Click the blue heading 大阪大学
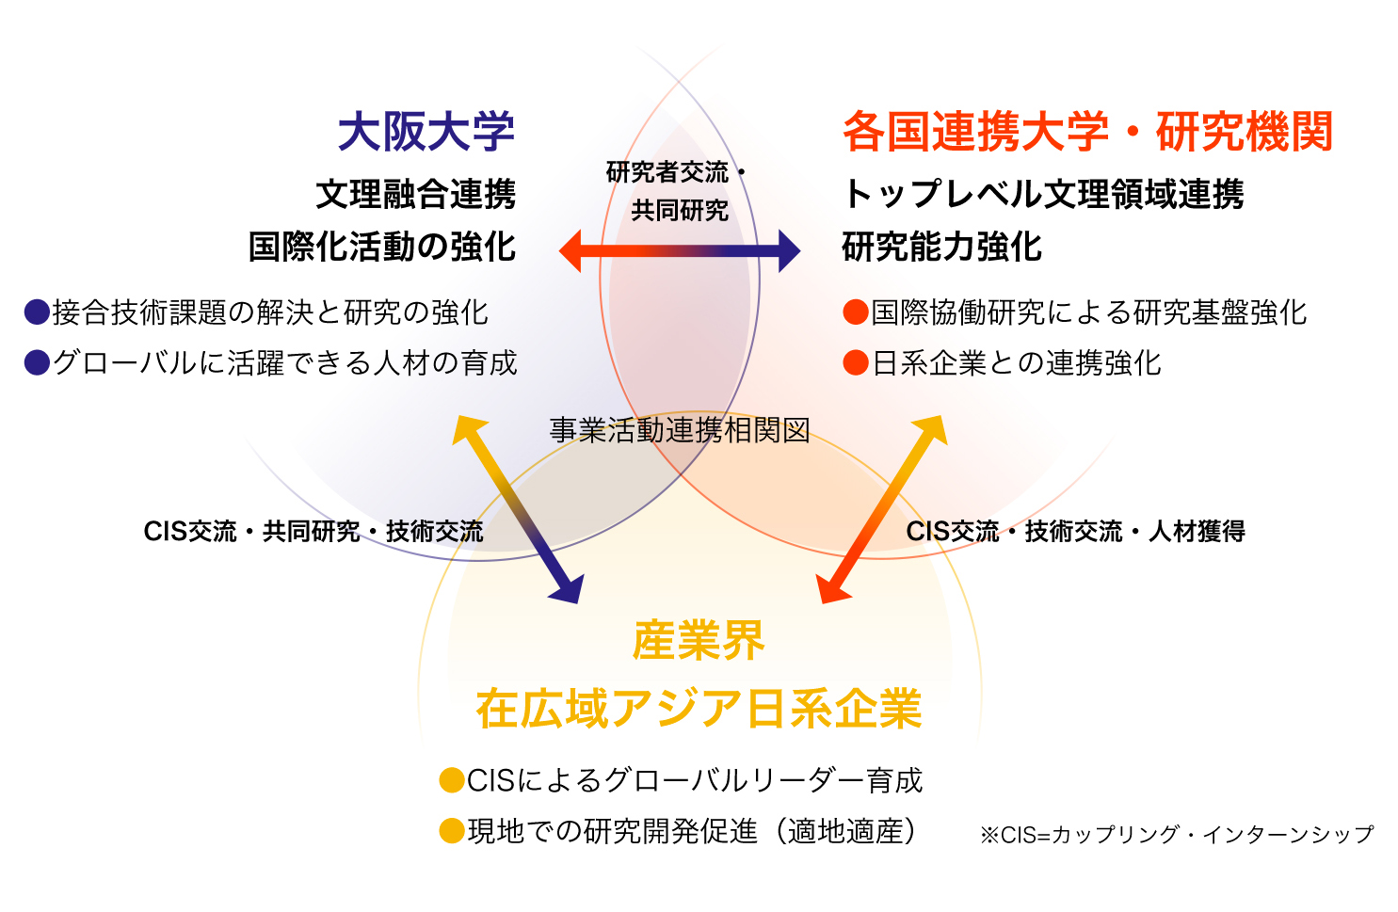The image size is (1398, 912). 426,131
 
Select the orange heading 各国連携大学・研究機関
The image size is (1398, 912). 1087,131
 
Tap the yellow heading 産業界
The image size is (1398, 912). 699,641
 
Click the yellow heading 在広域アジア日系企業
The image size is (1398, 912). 699,709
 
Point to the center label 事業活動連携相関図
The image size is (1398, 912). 680,430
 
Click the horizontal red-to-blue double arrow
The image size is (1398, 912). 680,251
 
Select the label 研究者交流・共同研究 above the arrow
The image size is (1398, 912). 678,191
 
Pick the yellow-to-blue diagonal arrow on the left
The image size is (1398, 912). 518,509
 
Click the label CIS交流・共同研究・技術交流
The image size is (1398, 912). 313,532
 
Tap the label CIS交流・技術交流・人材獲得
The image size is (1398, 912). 1075,532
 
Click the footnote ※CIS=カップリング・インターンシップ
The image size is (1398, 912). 1177,834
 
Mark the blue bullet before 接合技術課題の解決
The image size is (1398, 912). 37,312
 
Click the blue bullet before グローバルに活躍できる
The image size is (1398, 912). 37,363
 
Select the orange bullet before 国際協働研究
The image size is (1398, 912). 856,312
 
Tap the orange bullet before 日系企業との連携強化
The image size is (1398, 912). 856,363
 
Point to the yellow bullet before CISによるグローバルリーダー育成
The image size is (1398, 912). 453,780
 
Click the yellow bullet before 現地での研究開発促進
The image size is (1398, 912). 453,831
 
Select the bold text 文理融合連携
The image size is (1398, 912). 416,195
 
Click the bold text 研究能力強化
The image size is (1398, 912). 941,247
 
